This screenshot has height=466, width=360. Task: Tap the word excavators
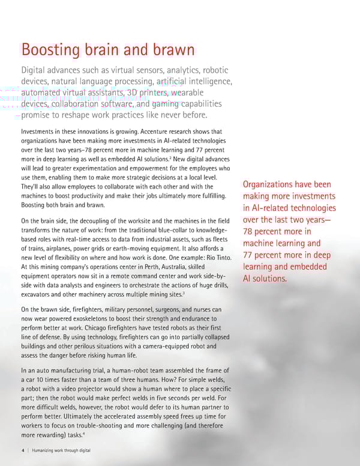click(x=38, y=294)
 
